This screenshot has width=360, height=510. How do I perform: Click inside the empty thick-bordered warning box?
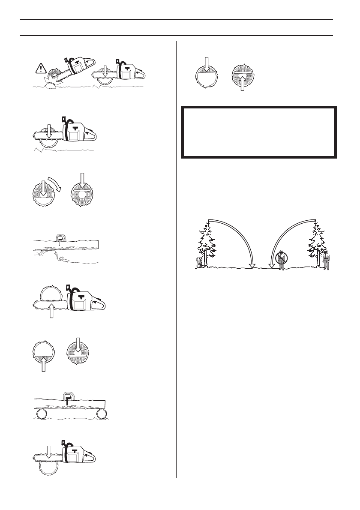point(258,132)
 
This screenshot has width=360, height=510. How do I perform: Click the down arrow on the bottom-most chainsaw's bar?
point(48,452)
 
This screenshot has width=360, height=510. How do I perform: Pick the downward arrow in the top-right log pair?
point(206,64)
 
